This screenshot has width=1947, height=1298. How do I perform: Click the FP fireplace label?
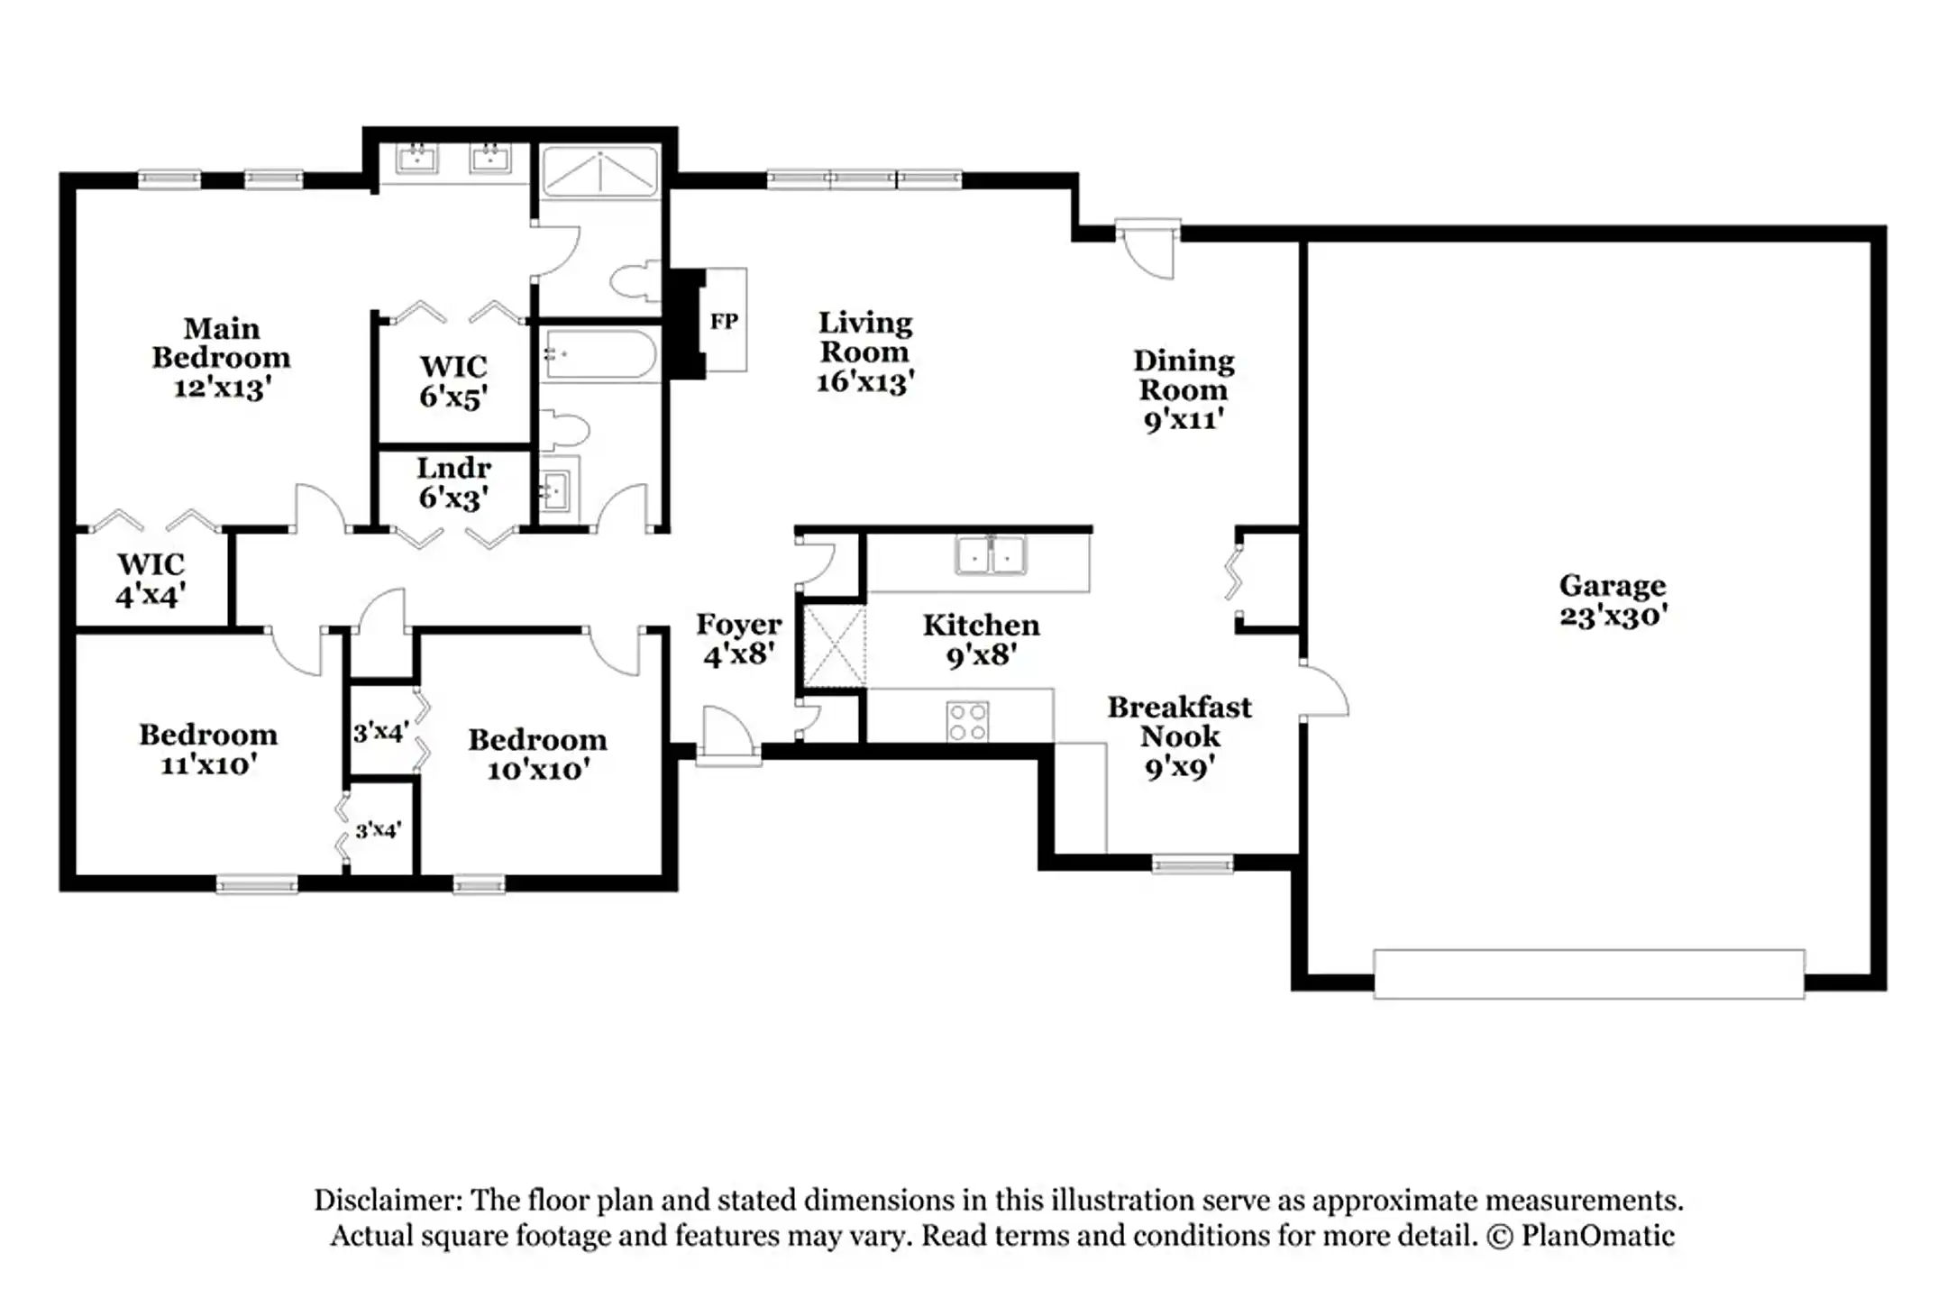click(724, 321)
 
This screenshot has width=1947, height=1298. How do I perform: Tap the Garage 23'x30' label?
click(1613, 600)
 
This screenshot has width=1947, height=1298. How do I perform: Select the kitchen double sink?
click(991, 555)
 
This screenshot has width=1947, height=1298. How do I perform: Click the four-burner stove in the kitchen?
click(967, 721)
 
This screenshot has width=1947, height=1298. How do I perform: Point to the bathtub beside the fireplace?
click(599, 355)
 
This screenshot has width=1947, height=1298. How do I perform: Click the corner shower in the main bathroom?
click(600, 173)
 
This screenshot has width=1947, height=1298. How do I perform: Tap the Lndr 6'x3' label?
click(453, 482)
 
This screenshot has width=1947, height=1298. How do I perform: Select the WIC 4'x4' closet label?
click(151, 579)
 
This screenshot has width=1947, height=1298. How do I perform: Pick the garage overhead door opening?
click(1588, 973)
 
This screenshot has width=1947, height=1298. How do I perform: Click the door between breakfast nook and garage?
click(1323, 692)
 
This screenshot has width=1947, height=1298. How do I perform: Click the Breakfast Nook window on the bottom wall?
click(1193, 865)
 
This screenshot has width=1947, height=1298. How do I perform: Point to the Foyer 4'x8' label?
click(738, 638)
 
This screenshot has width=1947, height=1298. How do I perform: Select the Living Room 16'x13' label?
click(864, 352)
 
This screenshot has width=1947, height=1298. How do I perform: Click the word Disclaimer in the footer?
click(387, 1200)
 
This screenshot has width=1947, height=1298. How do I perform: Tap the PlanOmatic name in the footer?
click(1597, 1235)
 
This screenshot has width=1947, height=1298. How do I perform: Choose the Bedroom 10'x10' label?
click(537, 754)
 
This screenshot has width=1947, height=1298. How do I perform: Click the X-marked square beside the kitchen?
click(834, 646)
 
